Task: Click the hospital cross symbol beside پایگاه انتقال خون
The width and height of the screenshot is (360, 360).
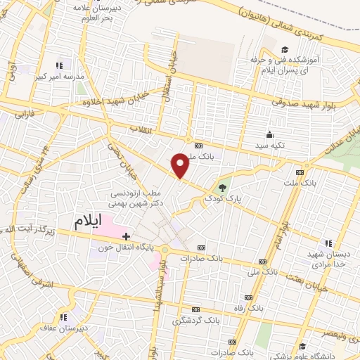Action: pos(126,236)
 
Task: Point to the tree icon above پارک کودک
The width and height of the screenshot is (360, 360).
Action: pos(223,187)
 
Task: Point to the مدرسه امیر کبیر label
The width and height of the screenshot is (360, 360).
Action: pos(63,75)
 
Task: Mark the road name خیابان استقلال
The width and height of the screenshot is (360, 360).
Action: pos(168,85)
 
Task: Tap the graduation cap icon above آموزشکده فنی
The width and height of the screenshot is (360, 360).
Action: pos(285,49)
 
